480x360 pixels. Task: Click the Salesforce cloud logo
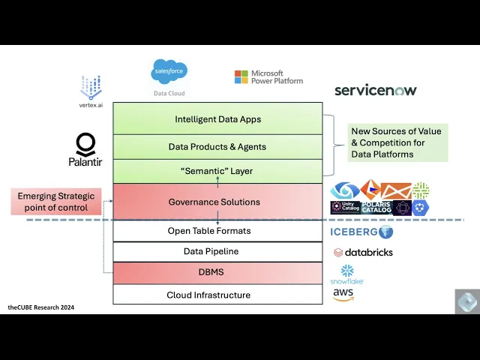(169, 73)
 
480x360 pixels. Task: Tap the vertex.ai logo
(90, 90)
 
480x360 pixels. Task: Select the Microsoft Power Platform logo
(268, 77)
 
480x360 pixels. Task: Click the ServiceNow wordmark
(375, 91)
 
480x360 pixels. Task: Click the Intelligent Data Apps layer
(218, 119)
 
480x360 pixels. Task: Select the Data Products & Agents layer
(217, 147)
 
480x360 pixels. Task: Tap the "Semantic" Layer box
(217, 171)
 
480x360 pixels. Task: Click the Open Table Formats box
(208, 231)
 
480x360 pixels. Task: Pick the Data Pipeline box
(209, 251)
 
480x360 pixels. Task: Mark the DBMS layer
(209, 272)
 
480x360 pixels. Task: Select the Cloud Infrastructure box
(208, 295)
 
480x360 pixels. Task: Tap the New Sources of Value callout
(397, 142)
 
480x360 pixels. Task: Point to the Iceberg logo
(361, 232)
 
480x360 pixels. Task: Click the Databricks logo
(363, 252)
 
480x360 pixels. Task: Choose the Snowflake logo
(347, 274)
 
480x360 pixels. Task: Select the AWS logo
(343, 295)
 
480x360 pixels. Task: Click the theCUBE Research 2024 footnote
(41, 307)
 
